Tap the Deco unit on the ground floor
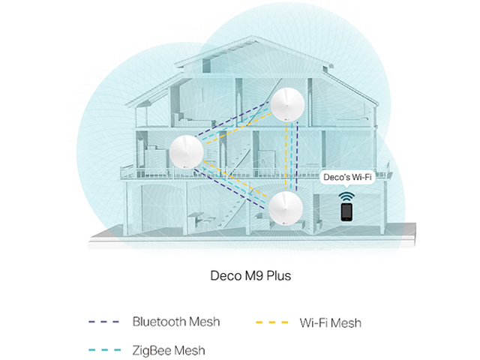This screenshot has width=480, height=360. [x=287, y=204]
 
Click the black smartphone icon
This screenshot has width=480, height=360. [x=346, y=213]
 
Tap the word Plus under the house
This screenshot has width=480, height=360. [x=274, y=276]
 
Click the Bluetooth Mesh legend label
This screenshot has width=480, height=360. [x=176, y=322]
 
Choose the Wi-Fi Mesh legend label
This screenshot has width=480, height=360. [x=331, y=322]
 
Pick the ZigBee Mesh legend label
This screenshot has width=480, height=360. [x=168, y=349]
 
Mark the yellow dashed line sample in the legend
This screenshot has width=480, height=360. [x=273, y=322]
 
